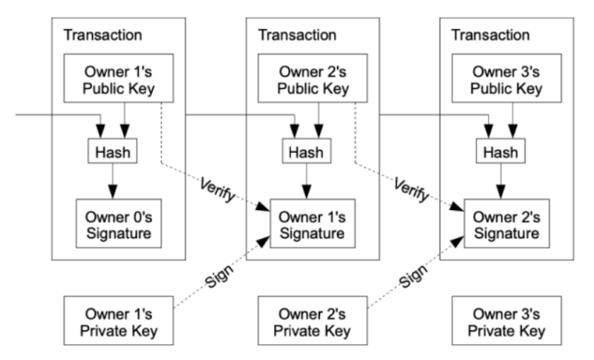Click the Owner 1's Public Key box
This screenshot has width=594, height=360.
click(119, 78)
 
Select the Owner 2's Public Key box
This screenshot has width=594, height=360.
click(313, 78)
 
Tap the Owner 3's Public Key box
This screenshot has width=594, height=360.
click(506, 78)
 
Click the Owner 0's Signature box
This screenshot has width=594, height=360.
click(119, 223)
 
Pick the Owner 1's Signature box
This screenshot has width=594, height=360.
click(313, 223)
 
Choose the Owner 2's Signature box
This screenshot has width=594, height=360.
click(507, 223)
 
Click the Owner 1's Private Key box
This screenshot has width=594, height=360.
click(119, 321)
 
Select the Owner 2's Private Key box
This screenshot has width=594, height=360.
click(313, 321)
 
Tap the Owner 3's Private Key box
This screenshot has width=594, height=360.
click(506, 321)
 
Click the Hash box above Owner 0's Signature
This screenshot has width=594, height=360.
click(113, 151)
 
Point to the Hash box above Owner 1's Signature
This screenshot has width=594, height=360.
click(307, 151)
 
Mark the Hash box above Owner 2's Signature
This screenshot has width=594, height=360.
click(500, 151)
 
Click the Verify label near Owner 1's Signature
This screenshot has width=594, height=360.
click(218, 189)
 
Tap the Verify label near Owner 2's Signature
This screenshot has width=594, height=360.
click(412, 189)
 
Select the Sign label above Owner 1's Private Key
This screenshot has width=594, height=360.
click(219, 277)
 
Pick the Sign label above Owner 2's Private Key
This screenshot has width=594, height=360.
click(414, 277)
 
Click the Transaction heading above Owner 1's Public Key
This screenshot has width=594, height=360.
click(102, 35)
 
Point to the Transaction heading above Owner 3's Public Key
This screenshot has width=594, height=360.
click(491, 35)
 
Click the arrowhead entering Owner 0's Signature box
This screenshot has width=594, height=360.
click(113, 192)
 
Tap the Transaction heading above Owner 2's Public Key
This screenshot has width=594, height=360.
click(297, 35)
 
